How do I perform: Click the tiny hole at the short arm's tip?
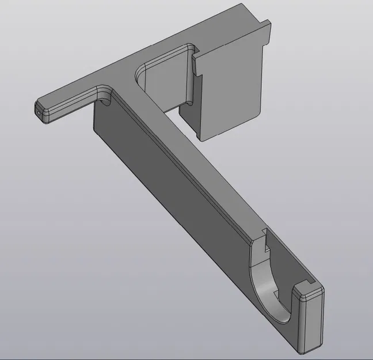point(39,113)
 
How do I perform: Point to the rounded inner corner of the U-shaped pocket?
point(141,73)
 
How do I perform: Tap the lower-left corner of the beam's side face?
point(95,130)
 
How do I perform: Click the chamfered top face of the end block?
point(311,291)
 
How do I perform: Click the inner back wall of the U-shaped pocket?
point(164,81)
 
